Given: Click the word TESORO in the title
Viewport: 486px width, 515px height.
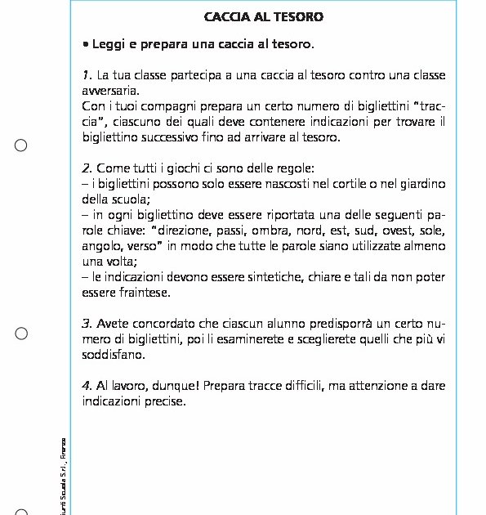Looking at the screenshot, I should pos(299,16).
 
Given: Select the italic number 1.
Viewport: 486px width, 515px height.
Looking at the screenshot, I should pos(87,76).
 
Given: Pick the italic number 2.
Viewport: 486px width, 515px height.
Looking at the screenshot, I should pos(87,168).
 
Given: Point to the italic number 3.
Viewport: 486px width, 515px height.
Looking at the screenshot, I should pos(87,322).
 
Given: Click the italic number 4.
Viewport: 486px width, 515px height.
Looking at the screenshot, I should pos(87,384).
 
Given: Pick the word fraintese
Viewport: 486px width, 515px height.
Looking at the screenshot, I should pos(141,292).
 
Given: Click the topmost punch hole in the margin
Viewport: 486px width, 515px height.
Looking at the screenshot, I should pos(21,146).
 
